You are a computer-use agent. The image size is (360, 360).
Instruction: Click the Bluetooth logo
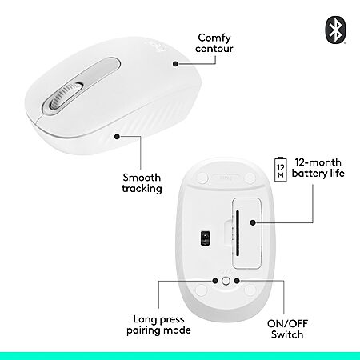click(x=335, y=30)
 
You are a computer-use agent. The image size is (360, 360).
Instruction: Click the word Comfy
click(x=214, y=38)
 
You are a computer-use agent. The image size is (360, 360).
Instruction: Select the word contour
click(x=214, y=49)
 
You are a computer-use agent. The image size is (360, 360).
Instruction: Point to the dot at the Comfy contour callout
click(x=175, y=64)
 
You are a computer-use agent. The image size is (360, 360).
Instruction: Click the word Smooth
click(x=142, y=178)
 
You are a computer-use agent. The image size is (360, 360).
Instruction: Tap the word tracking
click(x=142, y=189)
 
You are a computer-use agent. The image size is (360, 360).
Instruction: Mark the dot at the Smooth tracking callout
click(x=117, y=137)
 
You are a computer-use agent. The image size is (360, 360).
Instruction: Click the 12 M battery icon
click(x=281, y=170)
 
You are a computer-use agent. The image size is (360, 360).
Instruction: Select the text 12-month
click(x=318, y=162)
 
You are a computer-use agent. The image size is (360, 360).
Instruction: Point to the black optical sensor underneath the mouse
click(x=205, y=238)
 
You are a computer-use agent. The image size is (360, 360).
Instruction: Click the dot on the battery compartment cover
click(x=253, y=222)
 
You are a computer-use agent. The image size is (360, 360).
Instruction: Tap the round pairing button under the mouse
click(x=226, y=281)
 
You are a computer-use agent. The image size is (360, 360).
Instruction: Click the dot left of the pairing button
click(x=215, y=281)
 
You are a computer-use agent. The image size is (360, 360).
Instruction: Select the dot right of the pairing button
click(x=237, y=281)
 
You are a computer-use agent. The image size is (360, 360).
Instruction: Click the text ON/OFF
click(x=287, y=324)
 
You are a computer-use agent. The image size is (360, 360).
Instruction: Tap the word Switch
click(x=287, y=334)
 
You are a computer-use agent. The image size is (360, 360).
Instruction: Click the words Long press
click(x=158, y=319)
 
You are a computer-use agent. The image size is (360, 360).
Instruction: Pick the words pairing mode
click(x=158, y=330)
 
